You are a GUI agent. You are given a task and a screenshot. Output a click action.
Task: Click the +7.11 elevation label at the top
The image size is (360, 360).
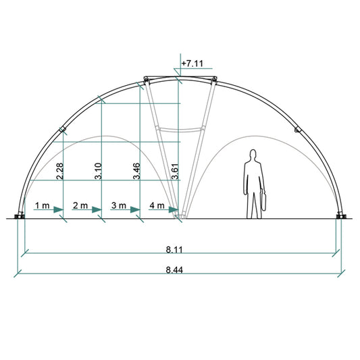click(x=192, y=63)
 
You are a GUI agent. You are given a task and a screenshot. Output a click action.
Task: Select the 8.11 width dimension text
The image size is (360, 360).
click(x=174, y=249)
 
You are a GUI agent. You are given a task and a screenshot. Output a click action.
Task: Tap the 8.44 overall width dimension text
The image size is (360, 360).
click(x=174, y=270)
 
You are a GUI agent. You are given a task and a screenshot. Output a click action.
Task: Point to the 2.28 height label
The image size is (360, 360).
click(x=60, y=171)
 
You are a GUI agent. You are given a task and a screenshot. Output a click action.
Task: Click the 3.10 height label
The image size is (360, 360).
click(x=99, y=171)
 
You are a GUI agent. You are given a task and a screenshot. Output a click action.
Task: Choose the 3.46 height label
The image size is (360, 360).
click(x=137, y=171)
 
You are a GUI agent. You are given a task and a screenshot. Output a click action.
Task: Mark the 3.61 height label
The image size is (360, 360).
click(x=176, y=171)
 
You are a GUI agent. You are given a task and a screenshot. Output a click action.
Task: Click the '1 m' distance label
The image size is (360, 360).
click(x=42, y=204)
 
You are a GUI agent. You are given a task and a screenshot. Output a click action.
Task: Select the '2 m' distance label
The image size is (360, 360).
click(x=80, y=204)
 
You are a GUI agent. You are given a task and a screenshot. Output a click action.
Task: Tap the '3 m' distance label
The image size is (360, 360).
click(x=118, y=204)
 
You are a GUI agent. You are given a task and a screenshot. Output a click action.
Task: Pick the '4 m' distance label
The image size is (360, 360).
click(x=157, y=204)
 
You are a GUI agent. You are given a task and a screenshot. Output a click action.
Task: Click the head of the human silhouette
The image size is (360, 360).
click(x=253, y=155)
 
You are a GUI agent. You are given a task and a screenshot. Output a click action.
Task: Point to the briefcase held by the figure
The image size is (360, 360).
click(x=264, y=201)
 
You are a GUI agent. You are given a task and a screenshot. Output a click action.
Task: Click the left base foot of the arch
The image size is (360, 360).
click(x=20, y=216)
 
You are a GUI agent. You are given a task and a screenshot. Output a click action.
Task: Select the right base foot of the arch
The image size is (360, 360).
click(x=339, y=216)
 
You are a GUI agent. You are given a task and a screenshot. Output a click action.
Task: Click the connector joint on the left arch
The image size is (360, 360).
click(x=61, y=128)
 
